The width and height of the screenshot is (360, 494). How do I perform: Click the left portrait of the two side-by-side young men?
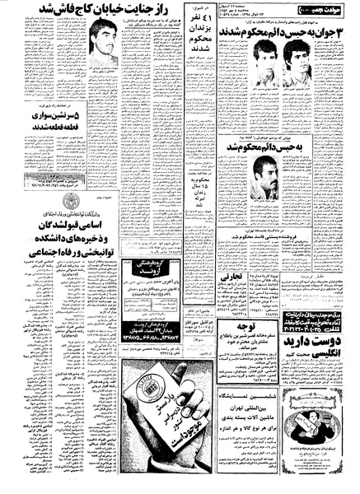[x=262, y=62]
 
